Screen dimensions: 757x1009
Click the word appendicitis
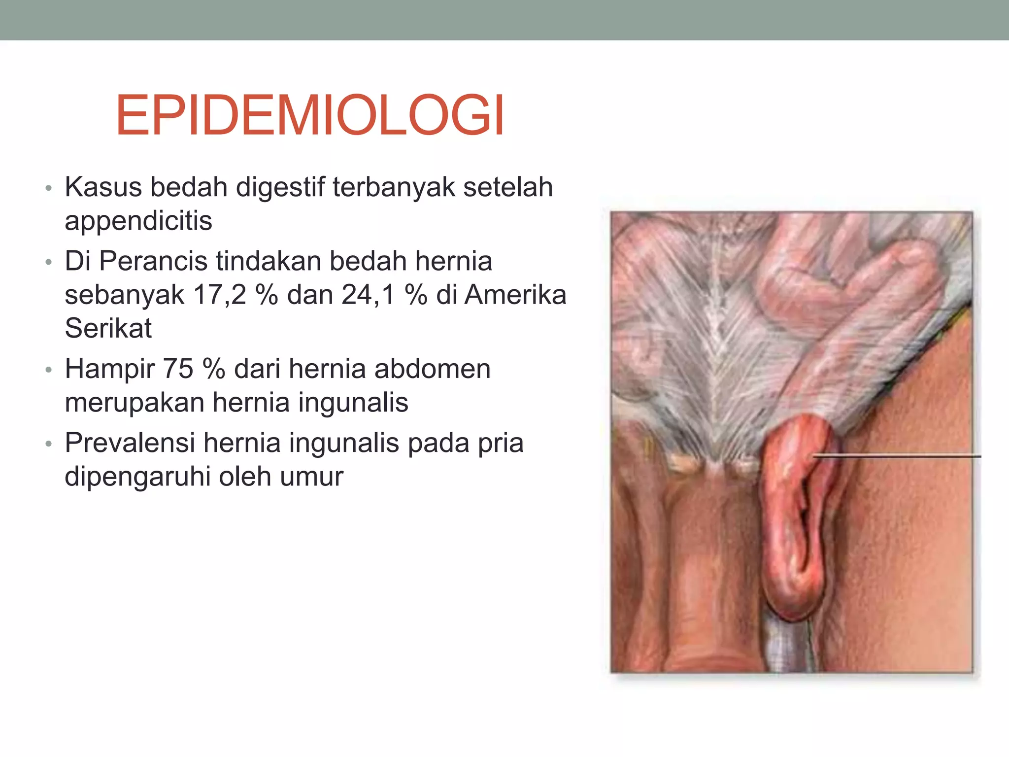pos(138,221)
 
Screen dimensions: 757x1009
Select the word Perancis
pos(153,261)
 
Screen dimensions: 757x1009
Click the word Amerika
pos(515,295)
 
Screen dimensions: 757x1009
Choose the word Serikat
pos(108,328)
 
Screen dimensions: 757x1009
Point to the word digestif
pos(281,187)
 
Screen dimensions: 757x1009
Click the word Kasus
pos(103,187)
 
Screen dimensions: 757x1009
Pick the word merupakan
pos(135,403)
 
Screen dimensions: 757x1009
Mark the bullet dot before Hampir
pos(48,370)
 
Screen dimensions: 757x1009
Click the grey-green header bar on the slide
pos(504,20)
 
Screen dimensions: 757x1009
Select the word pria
pos(499,443)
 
